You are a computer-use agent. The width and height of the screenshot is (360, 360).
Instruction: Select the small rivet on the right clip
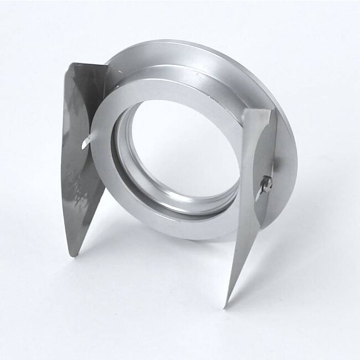(x=267, y=183)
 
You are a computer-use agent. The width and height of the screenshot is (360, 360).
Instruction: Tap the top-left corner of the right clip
(x=244, y=111)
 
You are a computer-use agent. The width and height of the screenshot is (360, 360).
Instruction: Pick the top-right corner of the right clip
(x=271, y=109)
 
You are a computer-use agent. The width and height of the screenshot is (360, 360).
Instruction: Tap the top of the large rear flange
(x=166, y=44)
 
